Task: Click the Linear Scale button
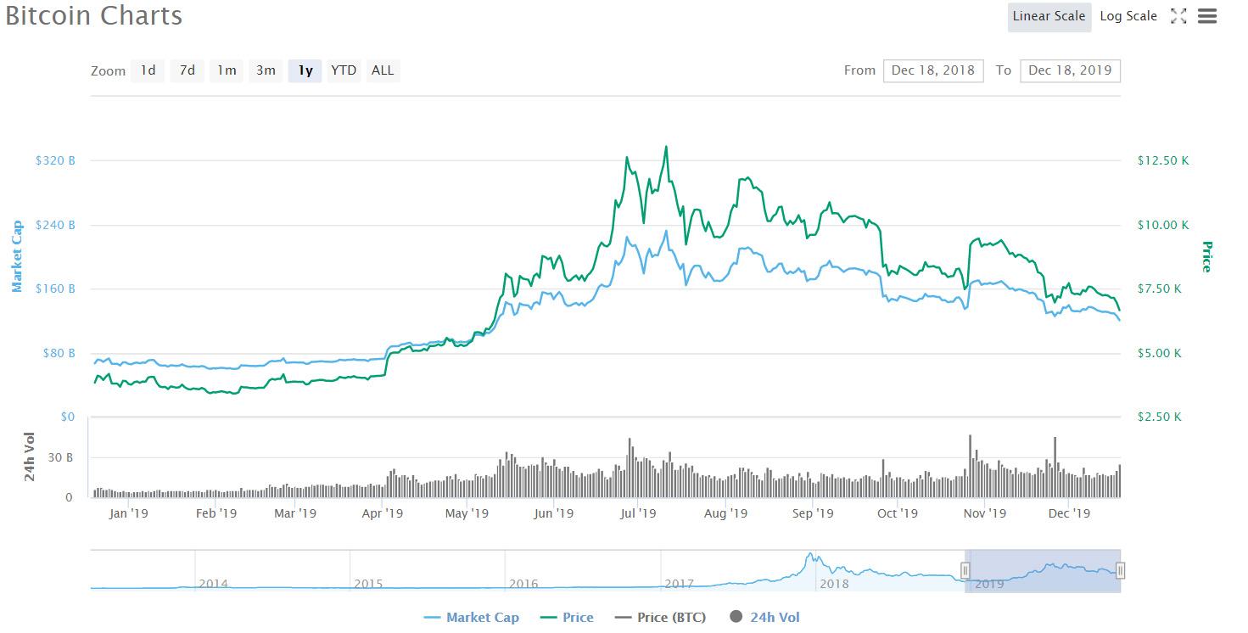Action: [x=1049, y=16]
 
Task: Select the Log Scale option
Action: [x=1128, y=16]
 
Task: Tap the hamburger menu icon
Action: [x=1207, y=16]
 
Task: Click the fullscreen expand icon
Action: [x=1178, y=16]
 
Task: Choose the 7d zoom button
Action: [x=187, y=70]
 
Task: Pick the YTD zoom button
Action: [x=344, y=70]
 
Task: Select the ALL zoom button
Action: [x=383, y=70]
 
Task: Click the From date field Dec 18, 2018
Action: [x=932, y=70]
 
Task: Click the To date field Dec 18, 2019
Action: [x=1070, y=70]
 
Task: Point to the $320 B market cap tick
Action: [x=54, y=160]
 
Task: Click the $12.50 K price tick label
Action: [x=1162, y=160]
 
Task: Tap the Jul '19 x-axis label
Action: [x=638, y=513]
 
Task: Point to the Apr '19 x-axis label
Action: [x=383, y=513]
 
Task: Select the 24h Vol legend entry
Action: [x=764, y=618]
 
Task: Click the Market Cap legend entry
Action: [x=472, y=618]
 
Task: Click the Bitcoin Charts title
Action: [x=93, y=16]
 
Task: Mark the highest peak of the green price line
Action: [x=666, y=146]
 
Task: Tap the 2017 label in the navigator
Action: [x=679, y=584]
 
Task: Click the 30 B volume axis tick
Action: [x=59, y=457]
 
